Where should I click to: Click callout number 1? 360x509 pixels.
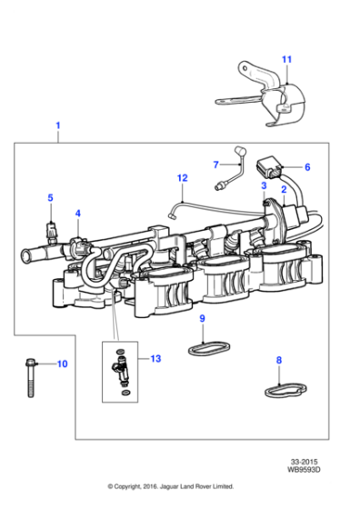pyautogui.click(x=58, y=125)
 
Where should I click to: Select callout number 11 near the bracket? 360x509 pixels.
pyautogui.click(x=286, y=60)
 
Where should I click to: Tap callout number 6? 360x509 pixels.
pyautogui.click(x=306, y=167)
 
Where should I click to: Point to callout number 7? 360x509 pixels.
pyautogui.click(x=215, y=165)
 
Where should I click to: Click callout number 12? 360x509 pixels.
pyautogui.click(x=182, y=178)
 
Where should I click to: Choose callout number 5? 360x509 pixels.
pyautogui.click(x=50, y=197)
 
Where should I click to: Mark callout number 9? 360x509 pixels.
pyautogui.click(x=202, y=318)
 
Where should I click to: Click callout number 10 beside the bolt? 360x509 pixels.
pyautogui.click(x=62, y=364)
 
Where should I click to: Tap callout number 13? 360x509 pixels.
pyautogui.click(x=155, y=359)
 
